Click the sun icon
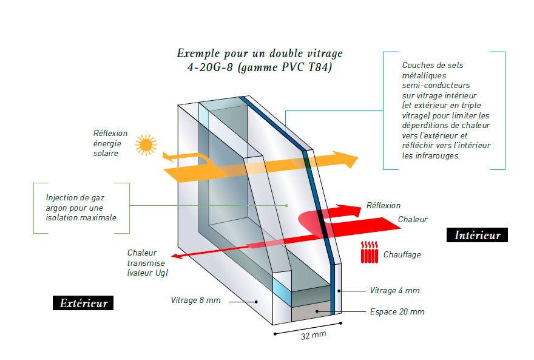[146, 145]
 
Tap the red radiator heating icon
[370, 253]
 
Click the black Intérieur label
[477, 235]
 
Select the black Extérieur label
[83, 303]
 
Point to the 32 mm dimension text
[313, 335]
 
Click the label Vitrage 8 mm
[195, 300]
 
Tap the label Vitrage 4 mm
[394, 291]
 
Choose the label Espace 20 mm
[397, 311]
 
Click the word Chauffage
[402, 255]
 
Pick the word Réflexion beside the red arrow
[384, 205]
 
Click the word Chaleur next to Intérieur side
[413, 219]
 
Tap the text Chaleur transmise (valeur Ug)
[147, 263]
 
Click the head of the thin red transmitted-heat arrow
[176, 256]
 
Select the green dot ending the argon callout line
[286, 205]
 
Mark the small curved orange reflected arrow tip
[166, 157]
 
